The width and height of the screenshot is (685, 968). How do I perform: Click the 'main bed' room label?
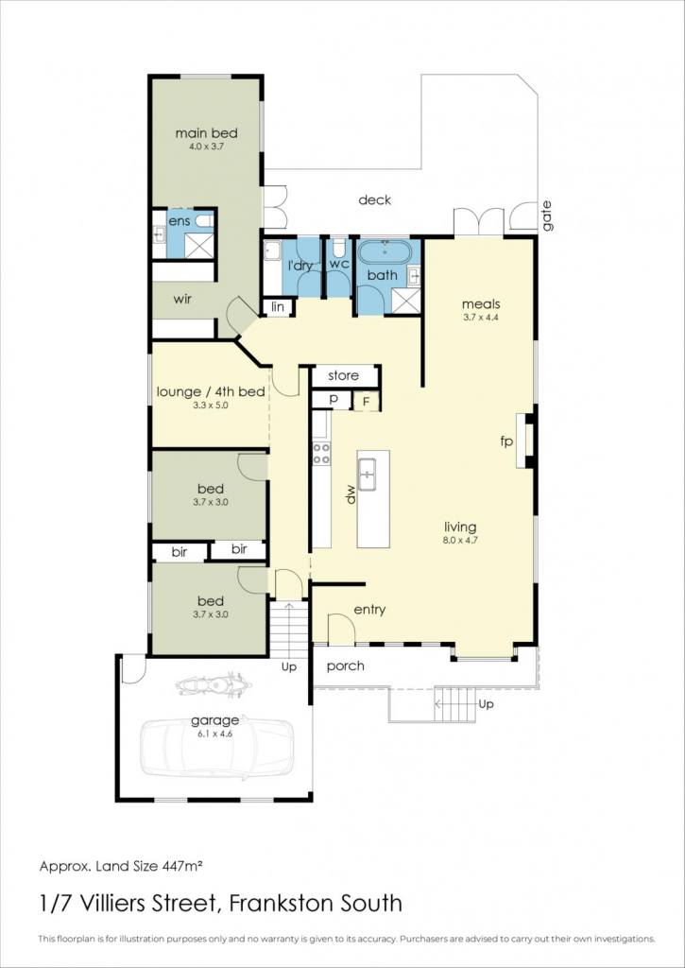tap(206, 133)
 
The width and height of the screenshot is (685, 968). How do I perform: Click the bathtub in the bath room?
tap(385, 253)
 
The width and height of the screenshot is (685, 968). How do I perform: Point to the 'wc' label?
tap(339, 264)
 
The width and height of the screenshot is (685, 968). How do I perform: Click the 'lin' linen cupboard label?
tap(277, 307)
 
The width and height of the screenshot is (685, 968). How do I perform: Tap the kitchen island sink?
tap(368, 475)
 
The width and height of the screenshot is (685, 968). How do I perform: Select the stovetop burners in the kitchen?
tap(321, 454)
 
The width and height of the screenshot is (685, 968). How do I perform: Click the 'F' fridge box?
tap(366, 402)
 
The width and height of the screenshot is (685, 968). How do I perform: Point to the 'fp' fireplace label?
tap(506, 441)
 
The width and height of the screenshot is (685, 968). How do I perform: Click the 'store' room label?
tap(344, 375)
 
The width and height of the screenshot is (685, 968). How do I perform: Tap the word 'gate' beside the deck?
tap(547, 216)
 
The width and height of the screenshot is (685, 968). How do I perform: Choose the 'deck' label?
tap(374, 200)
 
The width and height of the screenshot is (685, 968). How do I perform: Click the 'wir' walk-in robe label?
tap(182, 300)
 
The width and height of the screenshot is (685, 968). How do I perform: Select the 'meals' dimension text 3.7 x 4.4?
tap(481, 318)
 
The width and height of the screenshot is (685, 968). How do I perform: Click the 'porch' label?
tap(346, 666)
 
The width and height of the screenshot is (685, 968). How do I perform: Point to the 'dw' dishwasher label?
tap(351, 495)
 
